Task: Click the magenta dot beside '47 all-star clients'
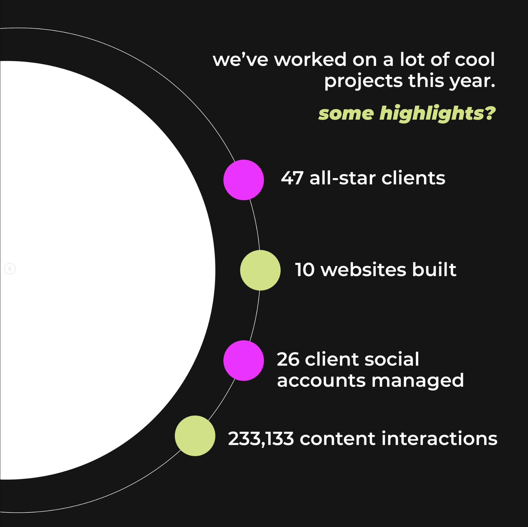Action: tap(244, 180)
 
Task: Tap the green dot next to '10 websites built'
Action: tap(260, 270)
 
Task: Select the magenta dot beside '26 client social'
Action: tap(244, 361)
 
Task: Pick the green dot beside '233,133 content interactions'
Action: tap(195, 436)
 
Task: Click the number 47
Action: tap(292, 178)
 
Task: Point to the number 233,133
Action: tap(261, 439)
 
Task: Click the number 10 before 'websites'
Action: tap(305, 270)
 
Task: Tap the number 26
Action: tap(288, 359)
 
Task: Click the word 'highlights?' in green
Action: tap(437, 114)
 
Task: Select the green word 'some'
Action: tap(346, 114)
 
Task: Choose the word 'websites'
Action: tap(364, 270)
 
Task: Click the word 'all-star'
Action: tap(343, 178)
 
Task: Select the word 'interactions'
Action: tap(440, 439)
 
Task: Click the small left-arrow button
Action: tap(10, 268)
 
